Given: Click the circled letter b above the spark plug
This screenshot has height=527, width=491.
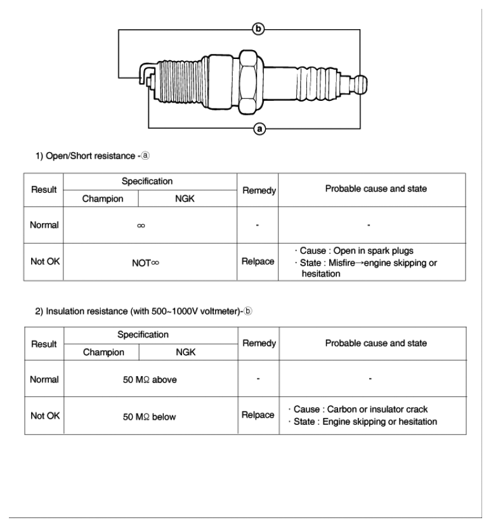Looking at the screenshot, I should pos(258,28).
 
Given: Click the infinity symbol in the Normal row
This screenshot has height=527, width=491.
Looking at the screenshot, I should pos(150,224).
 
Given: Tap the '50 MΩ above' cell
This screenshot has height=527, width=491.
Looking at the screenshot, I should pos(150,379).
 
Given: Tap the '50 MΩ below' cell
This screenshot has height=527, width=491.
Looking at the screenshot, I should pos(150,417).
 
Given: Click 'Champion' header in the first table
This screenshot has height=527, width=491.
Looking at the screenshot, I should pos(101,198).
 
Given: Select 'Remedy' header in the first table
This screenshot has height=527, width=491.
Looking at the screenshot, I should pos(258,189).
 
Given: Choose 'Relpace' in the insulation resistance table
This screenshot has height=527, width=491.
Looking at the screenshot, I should pos(258,416).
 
